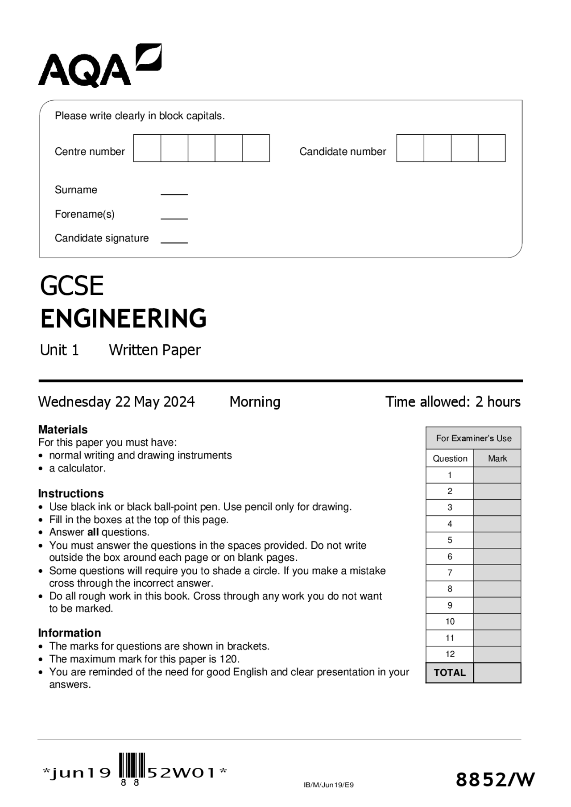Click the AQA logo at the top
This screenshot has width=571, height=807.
pos(99,66)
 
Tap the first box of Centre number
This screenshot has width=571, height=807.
pos(147,148)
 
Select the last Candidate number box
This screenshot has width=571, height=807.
pos(492,148)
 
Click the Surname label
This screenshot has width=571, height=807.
pos(76,190)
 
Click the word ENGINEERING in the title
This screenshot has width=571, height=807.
pos(123,319)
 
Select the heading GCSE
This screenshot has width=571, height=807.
pos(72,286)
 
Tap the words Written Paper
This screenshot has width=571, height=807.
pos(155,350)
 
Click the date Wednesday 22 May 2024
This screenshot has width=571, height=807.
pos(116,402)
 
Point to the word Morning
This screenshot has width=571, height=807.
pos(255,402)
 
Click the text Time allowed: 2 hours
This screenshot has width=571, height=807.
pos(453,402)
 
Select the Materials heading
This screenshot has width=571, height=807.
pos(63,430)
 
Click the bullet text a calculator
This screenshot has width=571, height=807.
pos(77,468)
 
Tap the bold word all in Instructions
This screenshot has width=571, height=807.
pos(93,532)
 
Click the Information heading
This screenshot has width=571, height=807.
pos(70,633)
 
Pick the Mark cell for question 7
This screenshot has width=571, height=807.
pos(497,573)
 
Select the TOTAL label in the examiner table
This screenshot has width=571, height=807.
pos(450,673)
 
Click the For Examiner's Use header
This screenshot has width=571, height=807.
pos(474,439)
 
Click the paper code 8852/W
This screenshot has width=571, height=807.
pos(495,780)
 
